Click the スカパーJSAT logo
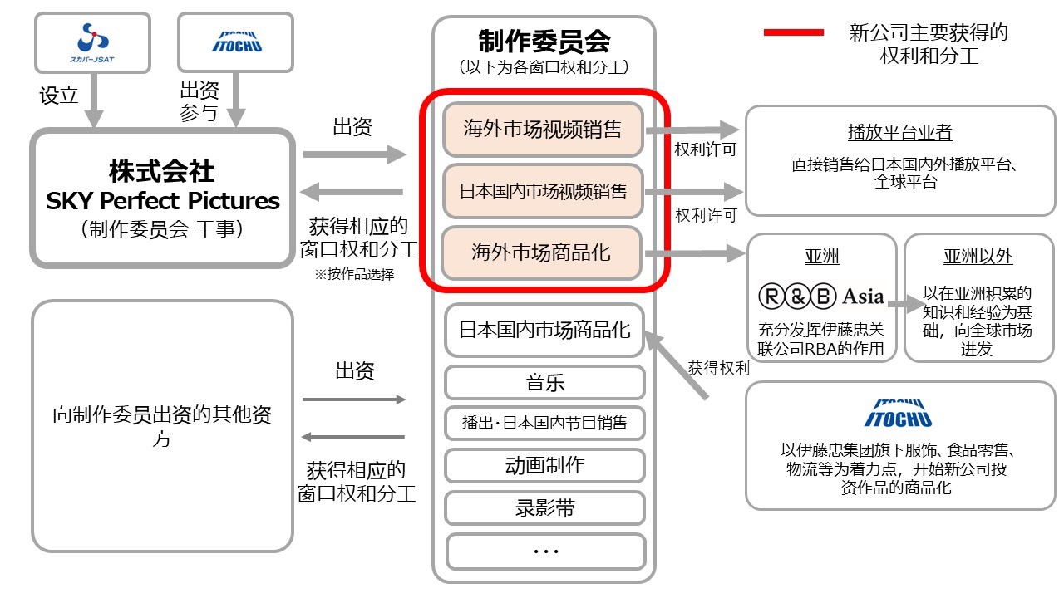92,43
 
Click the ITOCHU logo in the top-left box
237,42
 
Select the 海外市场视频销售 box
543,130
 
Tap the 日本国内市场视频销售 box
543,191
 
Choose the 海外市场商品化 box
541,252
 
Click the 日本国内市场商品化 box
544,330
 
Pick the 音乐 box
544,383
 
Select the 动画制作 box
544,465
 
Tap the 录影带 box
544,508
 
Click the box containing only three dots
546,551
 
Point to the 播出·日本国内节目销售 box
544,423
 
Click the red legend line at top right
793,32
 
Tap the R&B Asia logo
821,297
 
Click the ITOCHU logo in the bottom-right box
898,414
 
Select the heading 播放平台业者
900,132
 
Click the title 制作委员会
544,42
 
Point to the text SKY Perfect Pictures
162,201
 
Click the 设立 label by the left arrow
58,96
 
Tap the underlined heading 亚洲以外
978,257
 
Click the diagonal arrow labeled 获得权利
676,365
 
